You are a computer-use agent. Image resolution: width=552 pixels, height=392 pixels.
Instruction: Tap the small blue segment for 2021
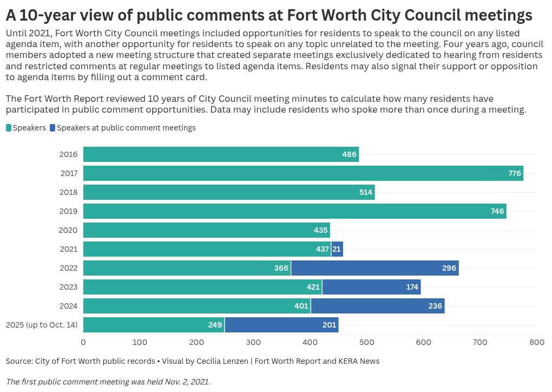[337, 249]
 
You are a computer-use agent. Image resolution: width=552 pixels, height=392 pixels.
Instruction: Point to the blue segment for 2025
[281, 325]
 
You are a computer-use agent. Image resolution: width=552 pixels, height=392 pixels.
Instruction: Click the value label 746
[497, 211]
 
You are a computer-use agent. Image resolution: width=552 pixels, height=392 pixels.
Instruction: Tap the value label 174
[412, 287]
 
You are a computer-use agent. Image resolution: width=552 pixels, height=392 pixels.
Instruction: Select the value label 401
[301, 306]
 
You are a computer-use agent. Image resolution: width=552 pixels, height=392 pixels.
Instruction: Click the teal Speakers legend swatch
[9, 128]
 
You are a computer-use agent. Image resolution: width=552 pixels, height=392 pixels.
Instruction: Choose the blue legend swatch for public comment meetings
[52, 128]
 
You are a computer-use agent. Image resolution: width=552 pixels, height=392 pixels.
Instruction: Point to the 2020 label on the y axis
[68, 230]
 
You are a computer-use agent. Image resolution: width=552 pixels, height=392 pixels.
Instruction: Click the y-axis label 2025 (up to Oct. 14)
[42, 325]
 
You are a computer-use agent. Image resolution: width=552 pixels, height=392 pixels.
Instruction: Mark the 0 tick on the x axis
[83, 342]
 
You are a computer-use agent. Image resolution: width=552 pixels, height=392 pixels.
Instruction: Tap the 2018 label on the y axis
[68, 192]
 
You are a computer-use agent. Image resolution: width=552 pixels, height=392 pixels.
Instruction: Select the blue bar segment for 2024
[377, 306]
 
